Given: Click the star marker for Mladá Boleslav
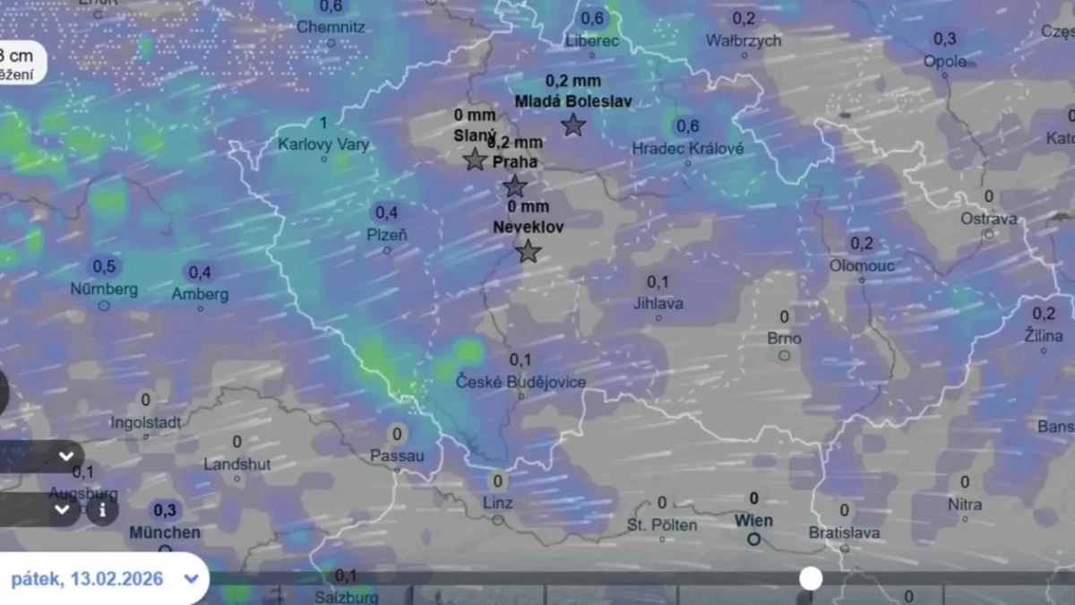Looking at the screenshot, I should pos(573,125).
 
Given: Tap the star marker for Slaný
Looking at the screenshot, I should pos(475,160).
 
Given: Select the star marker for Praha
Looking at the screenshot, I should pos(514,186).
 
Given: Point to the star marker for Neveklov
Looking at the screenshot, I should pos(529,252).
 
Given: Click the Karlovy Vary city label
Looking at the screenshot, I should pos(323,144).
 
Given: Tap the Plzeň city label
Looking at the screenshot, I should pos(386,235).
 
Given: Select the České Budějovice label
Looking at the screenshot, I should pos(520,382).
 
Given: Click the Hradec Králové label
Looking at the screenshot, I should pos(687,149).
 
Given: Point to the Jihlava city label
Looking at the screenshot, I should pos(658,303).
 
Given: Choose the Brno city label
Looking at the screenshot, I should pos(784,339).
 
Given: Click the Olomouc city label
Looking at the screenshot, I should pos(861,265).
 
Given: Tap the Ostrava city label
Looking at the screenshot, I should pos(989,219).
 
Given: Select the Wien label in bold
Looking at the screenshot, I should pos(753,521).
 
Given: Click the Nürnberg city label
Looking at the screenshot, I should pos(104,290).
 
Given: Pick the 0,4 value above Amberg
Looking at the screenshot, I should pos(200,272).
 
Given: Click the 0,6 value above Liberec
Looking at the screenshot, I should pos(592,18).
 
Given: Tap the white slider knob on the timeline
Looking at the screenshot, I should pos(811,578).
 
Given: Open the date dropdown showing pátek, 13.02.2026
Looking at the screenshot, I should pos(103,578).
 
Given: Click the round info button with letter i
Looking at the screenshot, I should pos(102,510).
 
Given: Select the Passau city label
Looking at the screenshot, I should pos(397,456).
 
